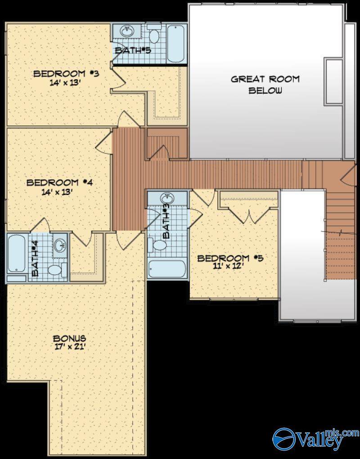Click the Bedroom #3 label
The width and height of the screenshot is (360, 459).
pos(66,73)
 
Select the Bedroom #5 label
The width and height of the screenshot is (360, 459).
pos(230,258)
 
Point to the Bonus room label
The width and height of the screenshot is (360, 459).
pos(69,338)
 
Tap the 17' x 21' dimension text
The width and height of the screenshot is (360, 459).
pos(69,347)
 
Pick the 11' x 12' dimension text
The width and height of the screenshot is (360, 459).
pos(230,266)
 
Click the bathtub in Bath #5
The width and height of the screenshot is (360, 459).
pos(176,43)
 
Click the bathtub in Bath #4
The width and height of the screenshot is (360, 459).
pos(16,254)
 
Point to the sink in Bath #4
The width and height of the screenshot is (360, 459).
pos(59,245)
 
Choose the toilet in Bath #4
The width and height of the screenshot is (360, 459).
pos(55,270)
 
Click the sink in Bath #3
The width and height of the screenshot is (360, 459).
pos(167,199)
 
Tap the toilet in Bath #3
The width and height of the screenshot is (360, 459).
pos(159,245)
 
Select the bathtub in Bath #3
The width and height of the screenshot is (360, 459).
pos(166,269)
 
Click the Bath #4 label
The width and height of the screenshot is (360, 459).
pos(35,259)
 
